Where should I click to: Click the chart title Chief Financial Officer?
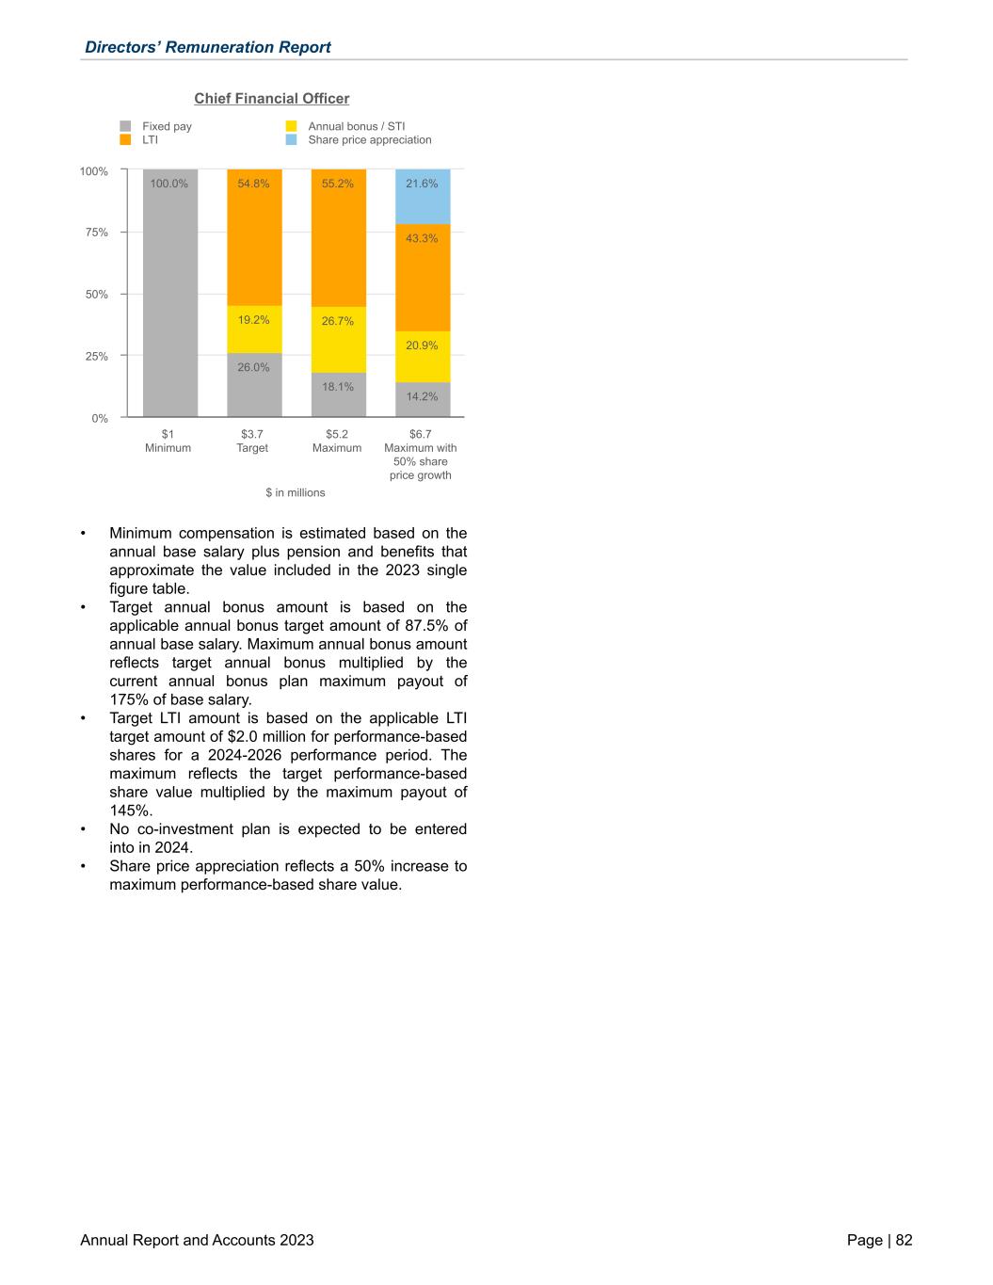coord(271,99)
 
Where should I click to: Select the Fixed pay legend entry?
coord(166,126)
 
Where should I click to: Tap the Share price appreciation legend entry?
coord(369,140)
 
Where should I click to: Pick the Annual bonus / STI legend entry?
coord(356,126)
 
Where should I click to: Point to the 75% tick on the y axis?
coord(94,233)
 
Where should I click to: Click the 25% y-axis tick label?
coord(94,357)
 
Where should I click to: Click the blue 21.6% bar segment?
coord(423,198)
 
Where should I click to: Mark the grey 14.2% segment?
coord(423,399)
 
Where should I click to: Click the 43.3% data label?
coord(422,238)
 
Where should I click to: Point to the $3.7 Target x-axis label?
coord(252,441)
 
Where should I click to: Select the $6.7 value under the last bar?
coord(421,434)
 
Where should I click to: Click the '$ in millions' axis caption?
coord(295,492)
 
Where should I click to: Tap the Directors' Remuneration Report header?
coord(207,47)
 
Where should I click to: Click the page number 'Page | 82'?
coord(879,1240)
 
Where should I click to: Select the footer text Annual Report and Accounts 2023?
coord(197,1240)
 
